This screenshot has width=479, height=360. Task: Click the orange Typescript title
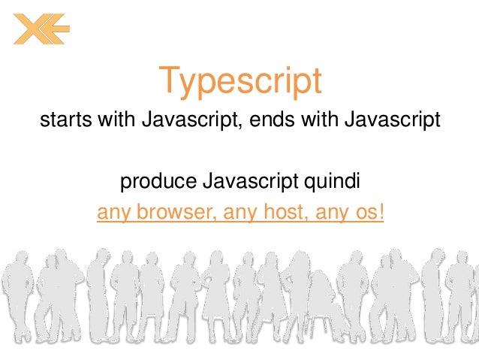point(239,82)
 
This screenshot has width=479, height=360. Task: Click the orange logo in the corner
point(41,29)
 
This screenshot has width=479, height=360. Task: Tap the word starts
point(62,120)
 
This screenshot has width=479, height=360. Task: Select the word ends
point(280,120)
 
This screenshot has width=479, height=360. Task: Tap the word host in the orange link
point(282,213)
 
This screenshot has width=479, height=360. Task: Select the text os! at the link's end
point(370,213)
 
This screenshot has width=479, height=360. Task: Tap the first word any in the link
point(113,213)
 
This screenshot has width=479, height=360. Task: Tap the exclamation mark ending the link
point(382,213)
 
